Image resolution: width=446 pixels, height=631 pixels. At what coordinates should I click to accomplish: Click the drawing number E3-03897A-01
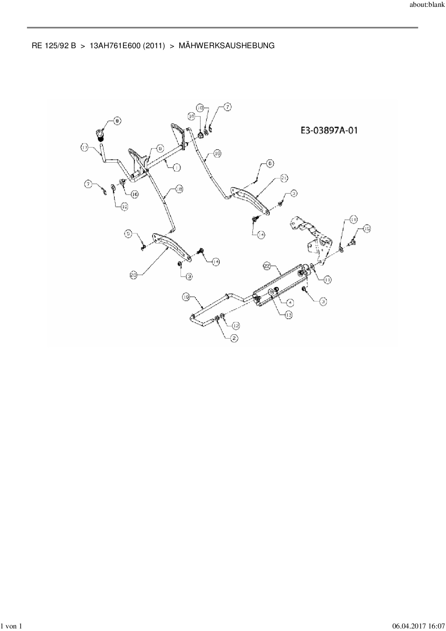(329, 130)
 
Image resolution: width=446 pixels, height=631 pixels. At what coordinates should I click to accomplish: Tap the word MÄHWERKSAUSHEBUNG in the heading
(226, 46)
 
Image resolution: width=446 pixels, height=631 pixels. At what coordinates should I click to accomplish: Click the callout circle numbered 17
(84, 147)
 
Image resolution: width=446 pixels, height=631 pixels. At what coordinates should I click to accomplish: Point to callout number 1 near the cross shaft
(177, 167)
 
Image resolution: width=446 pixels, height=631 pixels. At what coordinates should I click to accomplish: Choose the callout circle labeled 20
(134, 276)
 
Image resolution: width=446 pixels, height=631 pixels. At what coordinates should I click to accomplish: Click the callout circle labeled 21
(284, 178)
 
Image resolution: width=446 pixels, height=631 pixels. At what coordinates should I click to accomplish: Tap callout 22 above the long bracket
(267, 266)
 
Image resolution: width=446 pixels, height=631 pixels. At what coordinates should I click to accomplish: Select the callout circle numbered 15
(366, 228)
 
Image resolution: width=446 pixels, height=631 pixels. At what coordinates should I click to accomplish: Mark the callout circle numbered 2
(234, 338)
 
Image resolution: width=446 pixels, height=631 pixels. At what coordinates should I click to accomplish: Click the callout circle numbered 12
(236, 325)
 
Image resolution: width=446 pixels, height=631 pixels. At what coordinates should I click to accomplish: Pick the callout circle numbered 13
(288, 315)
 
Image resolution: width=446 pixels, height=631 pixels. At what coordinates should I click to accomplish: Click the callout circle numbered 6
(270, 163)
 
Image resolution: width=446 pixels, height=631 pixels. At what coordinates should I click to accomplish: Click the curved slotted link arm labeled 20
(171, 245)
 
